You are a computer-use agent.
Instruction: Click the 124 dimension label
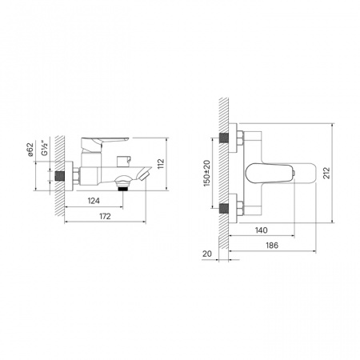point(94,201)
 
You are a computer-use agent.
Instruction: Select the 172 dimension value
point(105,216)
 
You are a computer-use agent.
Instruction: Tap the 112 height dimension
point(161,164)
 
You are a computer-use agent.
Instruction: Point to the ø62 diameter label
point(30,150)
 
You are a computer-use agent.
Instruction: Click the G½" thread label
point(45,147)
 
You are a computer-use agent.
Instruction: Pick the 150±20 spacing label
point(206,173)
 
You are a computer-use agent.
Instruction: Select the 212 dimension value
point(326,173)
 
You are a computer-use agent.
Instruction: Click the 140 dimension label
point(261,230)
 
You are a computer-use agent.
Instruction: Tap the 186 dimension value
point(272,246)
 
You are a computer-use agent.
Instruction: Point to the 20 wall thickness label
point(206,254)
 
